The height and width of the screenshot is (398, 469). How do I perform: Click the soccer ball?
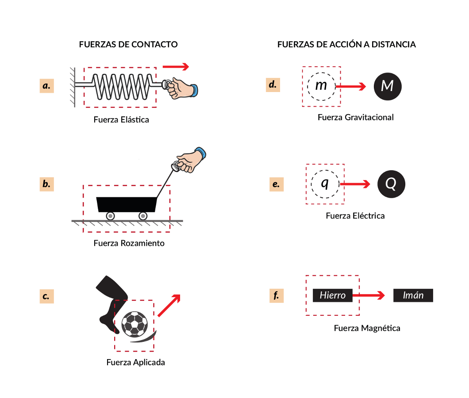pos(135,324)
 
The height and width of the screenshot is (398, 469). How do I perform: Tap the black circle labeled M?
pos(388,86)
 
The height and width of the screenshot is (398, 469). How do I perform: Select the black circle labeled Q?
pos(391,184)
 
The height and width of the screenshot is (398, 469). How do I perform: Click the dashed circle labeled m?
pos(321,86)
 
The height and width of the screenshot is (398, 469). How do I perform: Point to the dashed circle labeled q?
pos(325,184)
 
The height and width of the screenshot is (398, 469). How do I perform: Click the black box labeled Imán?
pos(413,295)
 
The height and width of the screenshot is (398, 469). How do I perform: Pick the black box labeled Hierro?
pos(333,295)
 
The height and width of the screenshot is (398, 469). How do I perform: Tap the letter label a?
pos(46,85)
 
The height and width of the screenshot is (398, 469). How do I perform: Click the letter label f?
pos(276,296)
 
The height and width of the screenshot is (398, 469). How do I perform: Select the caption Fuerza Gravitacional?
pos(355,118)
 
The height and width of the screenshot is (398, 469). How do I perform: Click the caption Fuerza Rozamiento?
pos(129,243)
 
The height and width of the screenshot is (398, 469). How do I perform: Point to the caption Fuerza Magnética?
pos(367,328)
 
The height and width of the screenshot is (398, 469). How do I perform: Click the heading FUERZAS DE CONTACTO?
pos(128,45)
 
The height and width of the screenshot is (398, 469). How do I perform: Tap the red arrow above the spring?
pos(176,67)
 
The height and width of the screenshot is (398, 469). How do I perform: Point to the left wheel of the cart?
pos(110,216)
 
